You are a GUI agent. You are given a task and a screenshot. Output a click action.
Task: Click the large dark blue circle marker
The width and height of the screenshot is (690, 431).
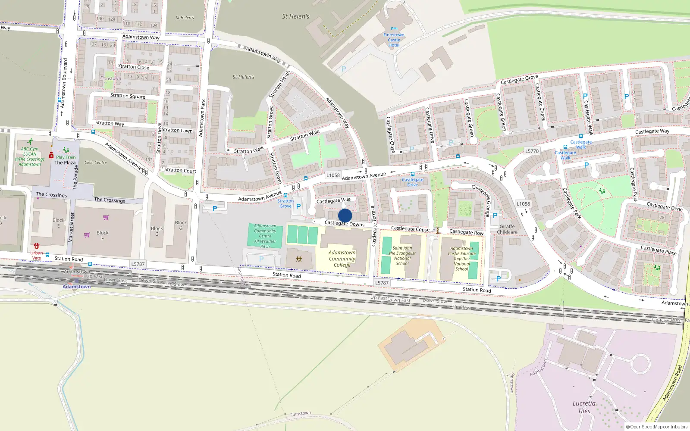(x=345, y=215)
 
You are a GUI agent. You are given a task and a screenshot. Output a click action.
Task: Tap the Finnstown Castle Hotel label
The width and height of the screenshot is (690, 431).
(x=394, y=40)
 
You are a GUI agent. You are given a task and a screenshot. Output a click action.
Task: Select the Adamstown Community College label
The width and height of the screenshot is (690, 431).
(x=342, y=259)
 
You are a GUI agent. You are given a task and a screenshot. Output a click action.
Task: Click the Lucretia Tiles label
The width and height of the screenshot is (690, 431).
(x=584, y=407)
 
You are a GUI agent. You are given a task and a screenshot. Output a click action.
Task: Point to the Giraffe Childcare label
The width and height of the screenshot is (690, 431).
(x=507, y=229)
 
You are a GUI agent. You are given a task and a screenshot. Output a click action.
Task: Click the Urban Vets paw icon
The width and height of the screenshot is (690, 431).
(x=37, y=246)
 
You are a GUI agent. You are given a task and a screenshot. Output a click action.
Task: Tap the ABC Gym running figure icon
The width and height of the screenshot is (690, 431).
(x=30, y=142)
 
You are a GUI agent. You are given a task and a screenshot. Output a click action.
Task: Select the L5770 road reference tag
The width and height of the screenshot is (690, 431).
(x=532, y=151)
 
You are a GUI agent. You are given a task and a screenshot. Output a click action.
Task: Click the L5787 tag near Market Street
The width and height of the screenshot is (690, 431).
(x=138, y=264)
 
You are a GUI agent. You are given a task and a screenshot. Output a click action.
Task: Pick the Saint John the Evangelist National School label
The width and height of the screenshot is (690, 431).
(x=402, y=256)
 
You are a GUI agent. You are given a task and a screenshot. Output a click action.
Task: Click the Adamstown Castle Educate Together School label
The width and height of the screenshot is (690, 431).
(x=461, y=259)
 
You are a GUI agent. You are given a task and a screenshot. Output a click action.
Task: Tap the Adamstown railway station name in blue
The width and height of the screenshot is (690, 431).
(x=77, y=287)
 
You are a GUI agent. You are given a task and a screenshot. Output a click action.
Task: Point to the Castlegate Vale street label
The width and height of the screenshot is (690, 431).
(x=333, y=200)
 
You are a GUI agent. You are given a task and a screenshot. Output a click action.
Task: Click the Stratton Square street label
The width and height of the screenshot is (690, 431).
(x=128, y=96)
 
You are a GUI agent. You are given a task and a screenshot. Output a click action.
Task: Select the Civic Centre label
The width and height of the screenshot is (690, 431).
(x=96, y=162)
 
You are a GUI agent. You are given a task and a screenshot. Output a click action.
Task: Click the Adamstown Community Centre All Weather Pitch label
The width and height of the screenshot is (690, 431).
(x=265, y=236)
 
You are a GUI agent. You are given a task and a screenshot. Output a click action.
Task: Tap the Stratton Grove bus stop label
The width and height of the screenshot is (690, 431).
(x=285, y=203)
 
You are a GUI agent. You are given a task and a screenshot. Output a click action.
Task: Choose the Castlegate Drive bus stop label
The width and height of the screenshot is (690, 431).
(x=412, y=182)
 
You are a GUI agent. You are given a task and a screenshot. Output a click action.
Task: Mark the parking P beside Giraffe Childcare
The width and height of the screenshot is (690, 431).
(x=495, y=215)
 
